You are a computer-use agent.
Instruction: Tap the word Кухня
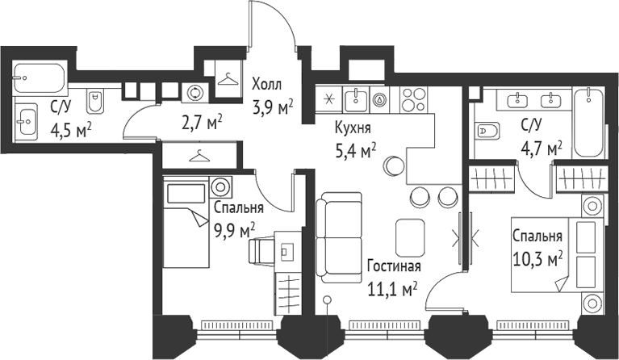pos(353,128)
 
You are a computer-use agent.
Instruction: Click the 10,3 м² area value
pos(537,259)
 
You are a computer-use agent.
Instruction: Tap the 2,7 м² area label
pos(203,122)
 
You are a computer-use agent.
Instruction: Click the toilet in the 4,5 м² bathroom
pos(96,100)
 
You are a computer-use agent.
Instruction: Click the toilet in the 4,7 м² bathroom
pos(487,130)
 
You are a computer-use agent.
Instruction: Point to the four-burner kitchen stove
pos(415,101)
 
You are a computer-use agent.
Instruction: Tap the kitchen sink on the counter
pos(356,100)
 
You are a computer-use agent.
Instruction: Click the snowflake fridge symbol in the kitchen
pos(328,101)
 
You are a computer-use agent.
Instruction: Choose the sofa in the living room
pos(332,237)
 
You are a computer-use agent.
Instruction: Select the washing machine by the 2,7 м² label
pos(196,93)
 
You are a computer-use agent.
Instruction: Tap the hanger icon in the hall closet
pos(228,78)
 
